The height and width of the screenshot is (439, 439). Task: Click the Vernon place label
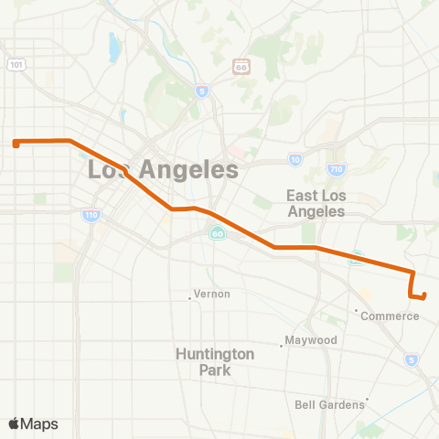coord(212,294)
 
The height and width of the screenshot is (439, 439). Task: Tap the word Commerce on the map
coord(390,316)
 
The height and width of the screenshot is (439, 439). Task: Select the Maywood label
coord(312,340)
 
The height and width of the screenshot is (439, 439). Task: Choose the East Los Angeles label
coord(316,203)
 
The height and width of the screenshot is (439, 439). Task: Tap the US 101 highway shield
coord(16,64)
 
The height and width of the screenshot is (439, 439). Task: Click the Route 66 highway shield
coord(241,67)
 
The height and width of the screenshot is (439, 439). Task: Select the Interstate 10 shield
coord(294,159)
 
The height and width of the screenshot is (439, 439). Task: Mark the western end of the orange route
coord(16,143)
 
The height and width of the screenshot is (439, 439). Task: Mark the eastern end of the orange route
coord(424,294)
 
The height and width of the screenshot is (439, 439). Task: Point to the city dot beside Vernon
coord(190,296)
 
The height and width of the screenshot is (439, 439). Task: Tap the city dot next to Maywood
coord(282,346)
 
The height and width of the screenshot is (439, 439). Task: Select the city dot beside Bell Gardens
coord(367,400)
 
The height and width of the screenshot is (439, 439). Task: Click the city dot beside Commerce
coord(357,310)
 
